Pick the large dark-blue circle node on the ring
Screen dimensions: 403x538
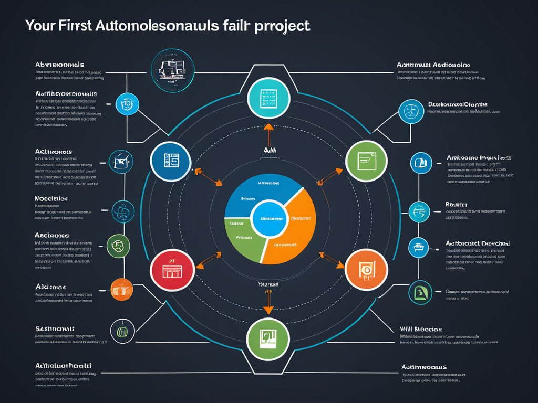point(171,161)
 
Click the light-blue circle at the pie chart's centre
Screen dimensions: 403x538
point(269,218)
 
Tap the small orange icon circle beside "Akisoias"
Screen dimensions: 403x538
point(122,289)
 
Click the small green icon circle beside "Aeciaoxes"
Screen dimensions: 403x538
point(118,245)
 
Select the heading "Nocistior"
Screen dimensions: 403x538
point(51,199)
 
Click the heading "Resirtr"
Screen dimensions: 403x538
point(456,204)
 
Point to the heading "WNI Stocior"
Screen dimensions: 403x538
point(420,329)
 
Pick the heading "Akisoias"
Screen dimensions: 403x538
point(50,287)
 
